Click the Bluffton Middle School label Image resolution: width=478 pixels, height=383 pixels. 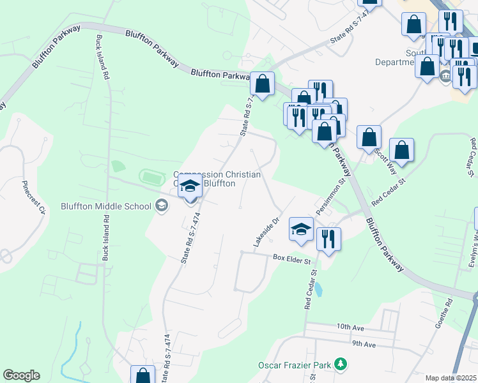pos(105,206)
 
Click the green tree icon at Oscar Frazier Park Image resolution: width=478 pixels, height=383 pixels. pos(341,364)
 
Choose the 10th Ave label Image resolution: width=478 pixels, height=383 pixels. pos(351,327)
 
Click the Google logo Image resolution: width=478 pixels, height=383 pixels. pos(21,375)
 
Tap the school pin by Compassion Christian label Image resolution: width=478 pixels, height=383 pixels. pos(190,186)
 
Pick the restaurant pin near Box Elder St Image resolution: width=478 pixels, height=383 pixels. pos(328,239)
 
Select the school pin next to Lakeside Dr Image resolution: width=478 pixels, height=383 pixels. pos(301,229)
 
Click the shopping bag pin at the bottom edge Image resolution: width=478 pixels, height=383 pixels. pos(143,375)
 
